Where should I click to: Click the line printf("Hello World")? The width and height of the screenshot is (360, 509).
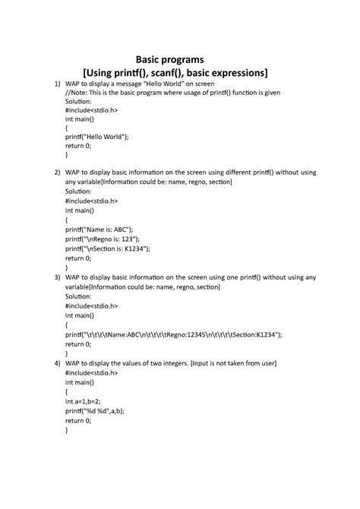pyautogui.click(x=97, y=137)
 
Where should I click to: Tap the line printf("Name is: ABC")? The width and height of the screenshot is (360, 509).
pyautogui.click(x=99, y=229)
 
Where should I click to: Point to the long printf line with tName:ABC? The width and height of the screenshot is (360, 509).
pyautogui.click(x=174, y=334)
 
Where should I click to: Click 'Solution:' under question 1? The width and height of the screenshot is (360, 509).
pyautogui.click(x=79, y=101)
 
